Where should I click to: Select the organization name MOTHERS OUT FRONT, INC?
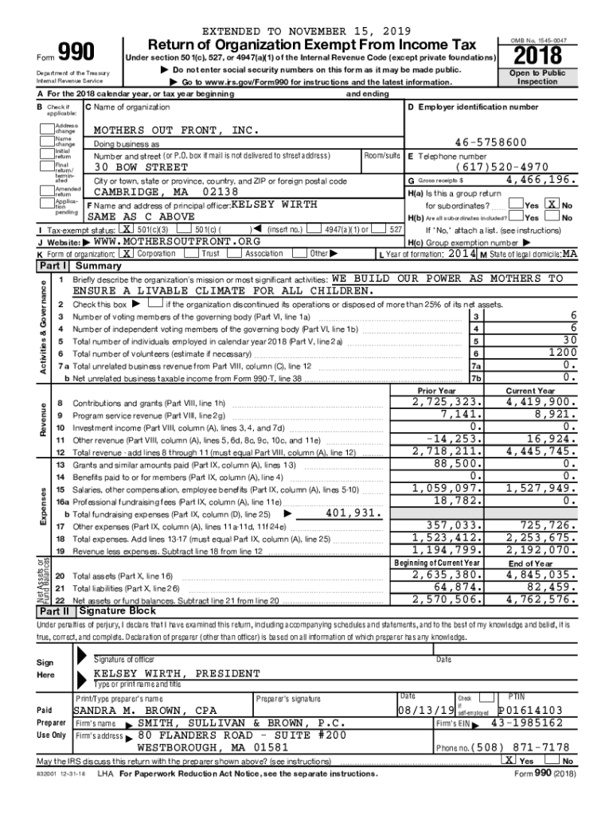click(176, 130)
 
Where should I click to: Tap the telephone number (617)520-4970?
click(502, 168)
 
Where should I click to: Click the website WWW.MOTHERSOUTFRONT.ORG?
click(177, 241)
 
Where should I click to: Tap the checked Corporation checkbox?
click(127, 253)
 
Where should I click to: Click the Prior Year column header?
click(436, 391)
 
